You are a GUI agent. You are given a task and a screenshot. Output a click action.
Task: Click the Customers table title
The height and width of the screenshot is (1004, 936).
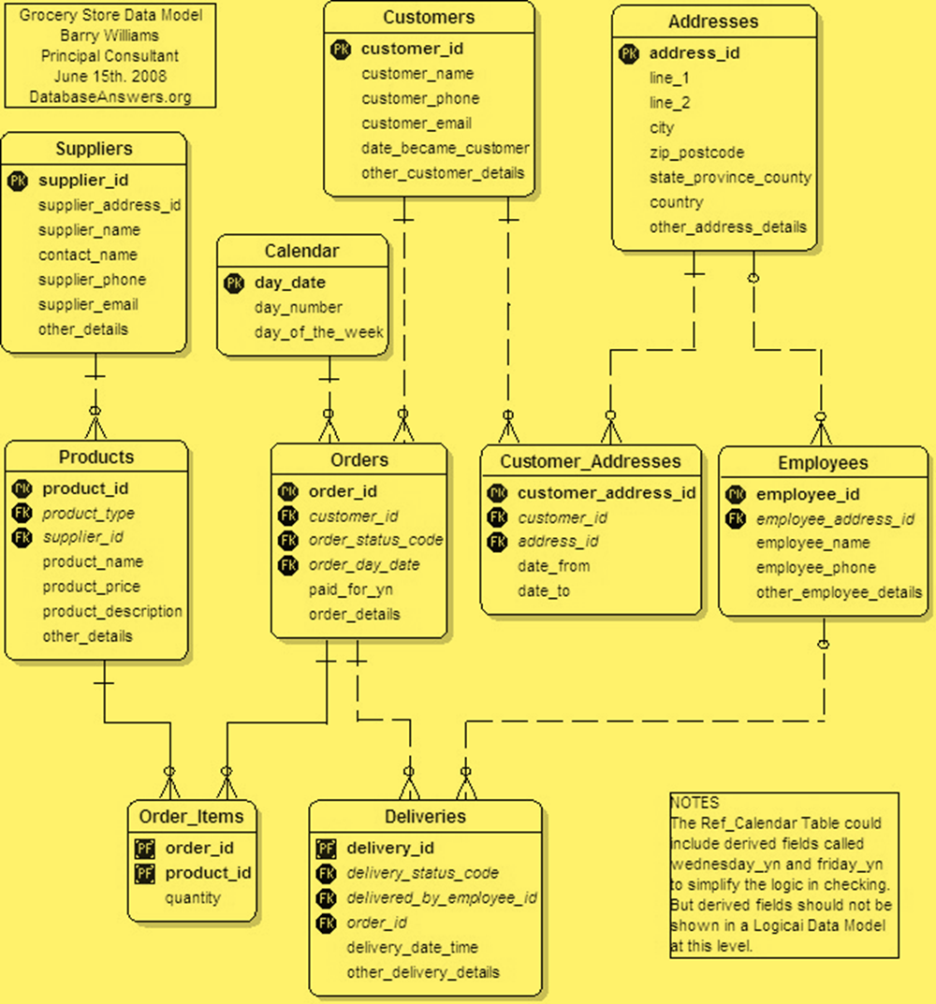[429, 18]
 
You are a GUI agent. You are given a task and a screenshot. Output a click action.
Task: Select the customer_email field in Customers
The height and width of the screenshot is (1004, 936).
[417, 124]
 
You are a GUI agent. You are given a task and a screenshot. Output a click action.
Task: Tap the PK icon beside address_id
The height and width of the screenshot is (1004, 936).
[629, 53]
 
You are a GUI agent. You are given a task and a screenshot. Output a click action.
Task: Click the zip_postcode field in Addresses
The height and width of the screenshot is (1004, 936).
[696, 153]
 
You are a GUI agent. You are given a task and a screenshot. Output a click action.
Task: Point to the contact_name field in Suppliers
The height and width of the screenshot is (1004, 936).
[87, 255]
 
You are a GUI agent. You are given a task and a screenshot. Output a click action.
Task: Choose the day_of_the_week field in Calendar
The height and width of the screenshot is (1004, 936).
[319, 332]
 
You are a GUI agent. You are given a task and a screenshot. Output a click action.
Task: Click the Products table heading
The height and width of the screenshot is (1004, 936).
[95, 458]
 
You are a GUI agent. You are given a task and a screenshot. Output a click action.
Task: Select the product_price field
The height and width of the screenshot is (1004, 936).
[91, 587]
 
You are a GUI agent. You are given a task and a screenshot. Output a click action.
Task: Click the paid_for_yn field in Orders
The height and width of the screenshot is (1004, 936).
[351, 590]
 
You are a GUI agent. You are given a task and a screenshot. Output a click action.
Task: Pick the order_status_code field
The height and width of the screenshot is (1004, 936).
[375, 540]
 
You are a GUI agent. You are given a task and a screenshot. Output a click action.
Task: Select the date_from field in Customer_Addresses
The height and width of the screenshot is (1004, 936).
[553, 566]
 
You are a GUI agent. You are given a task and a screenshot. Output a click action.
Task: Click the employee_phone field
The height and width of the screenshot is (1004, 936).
[815, 568]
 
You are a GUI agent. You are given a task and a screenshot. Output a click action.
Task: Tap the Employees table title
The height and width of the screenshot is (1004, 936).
[822, 463]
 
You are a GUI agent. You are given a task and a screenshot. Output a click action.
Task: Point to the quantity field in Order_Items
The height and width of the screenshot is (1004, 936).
[193, 898]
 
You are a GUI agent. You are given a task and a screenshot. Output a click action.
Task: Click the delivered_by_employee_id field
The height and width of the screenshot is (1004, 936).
[441, 898]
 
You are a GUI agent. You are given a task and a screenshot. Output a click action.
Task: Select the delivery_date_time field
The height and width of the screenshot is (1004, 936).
[412, 948]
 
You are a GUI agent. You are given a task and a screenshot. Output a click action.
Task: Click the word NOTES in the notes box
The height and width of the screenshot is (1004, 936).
[695, 803]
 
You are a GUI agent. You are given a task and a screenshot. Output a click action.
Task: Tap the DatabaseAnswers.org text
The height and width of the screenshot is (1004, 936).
[110, 96]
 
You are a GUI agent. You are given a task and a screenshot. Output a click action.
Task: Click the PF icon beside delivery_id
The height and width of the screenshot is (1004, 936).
[326, 849]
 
